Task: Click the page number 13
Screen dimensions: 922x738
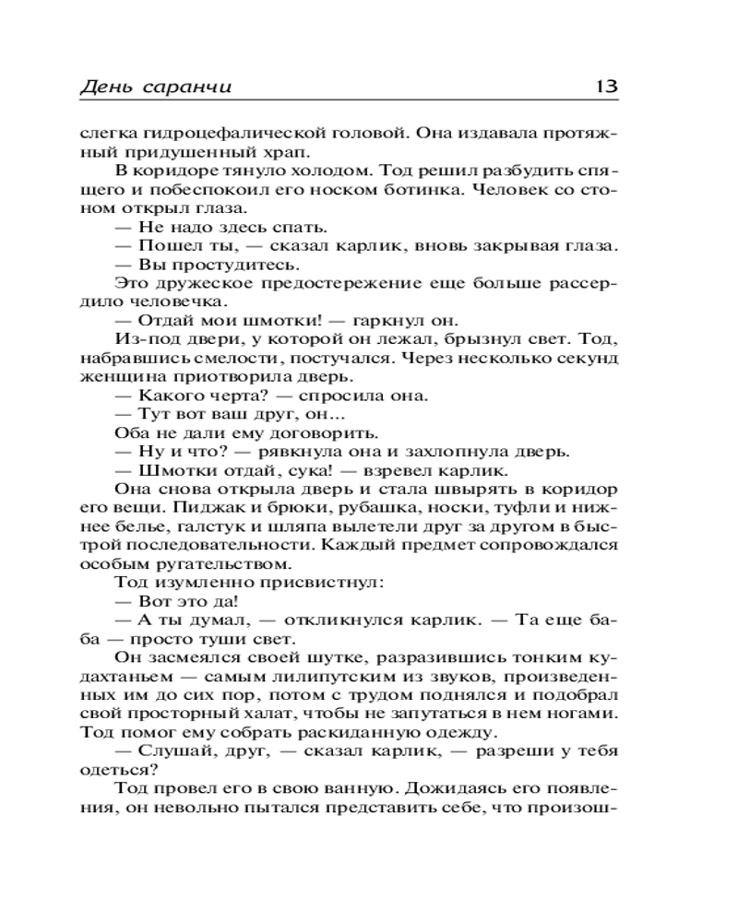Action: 606,87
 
